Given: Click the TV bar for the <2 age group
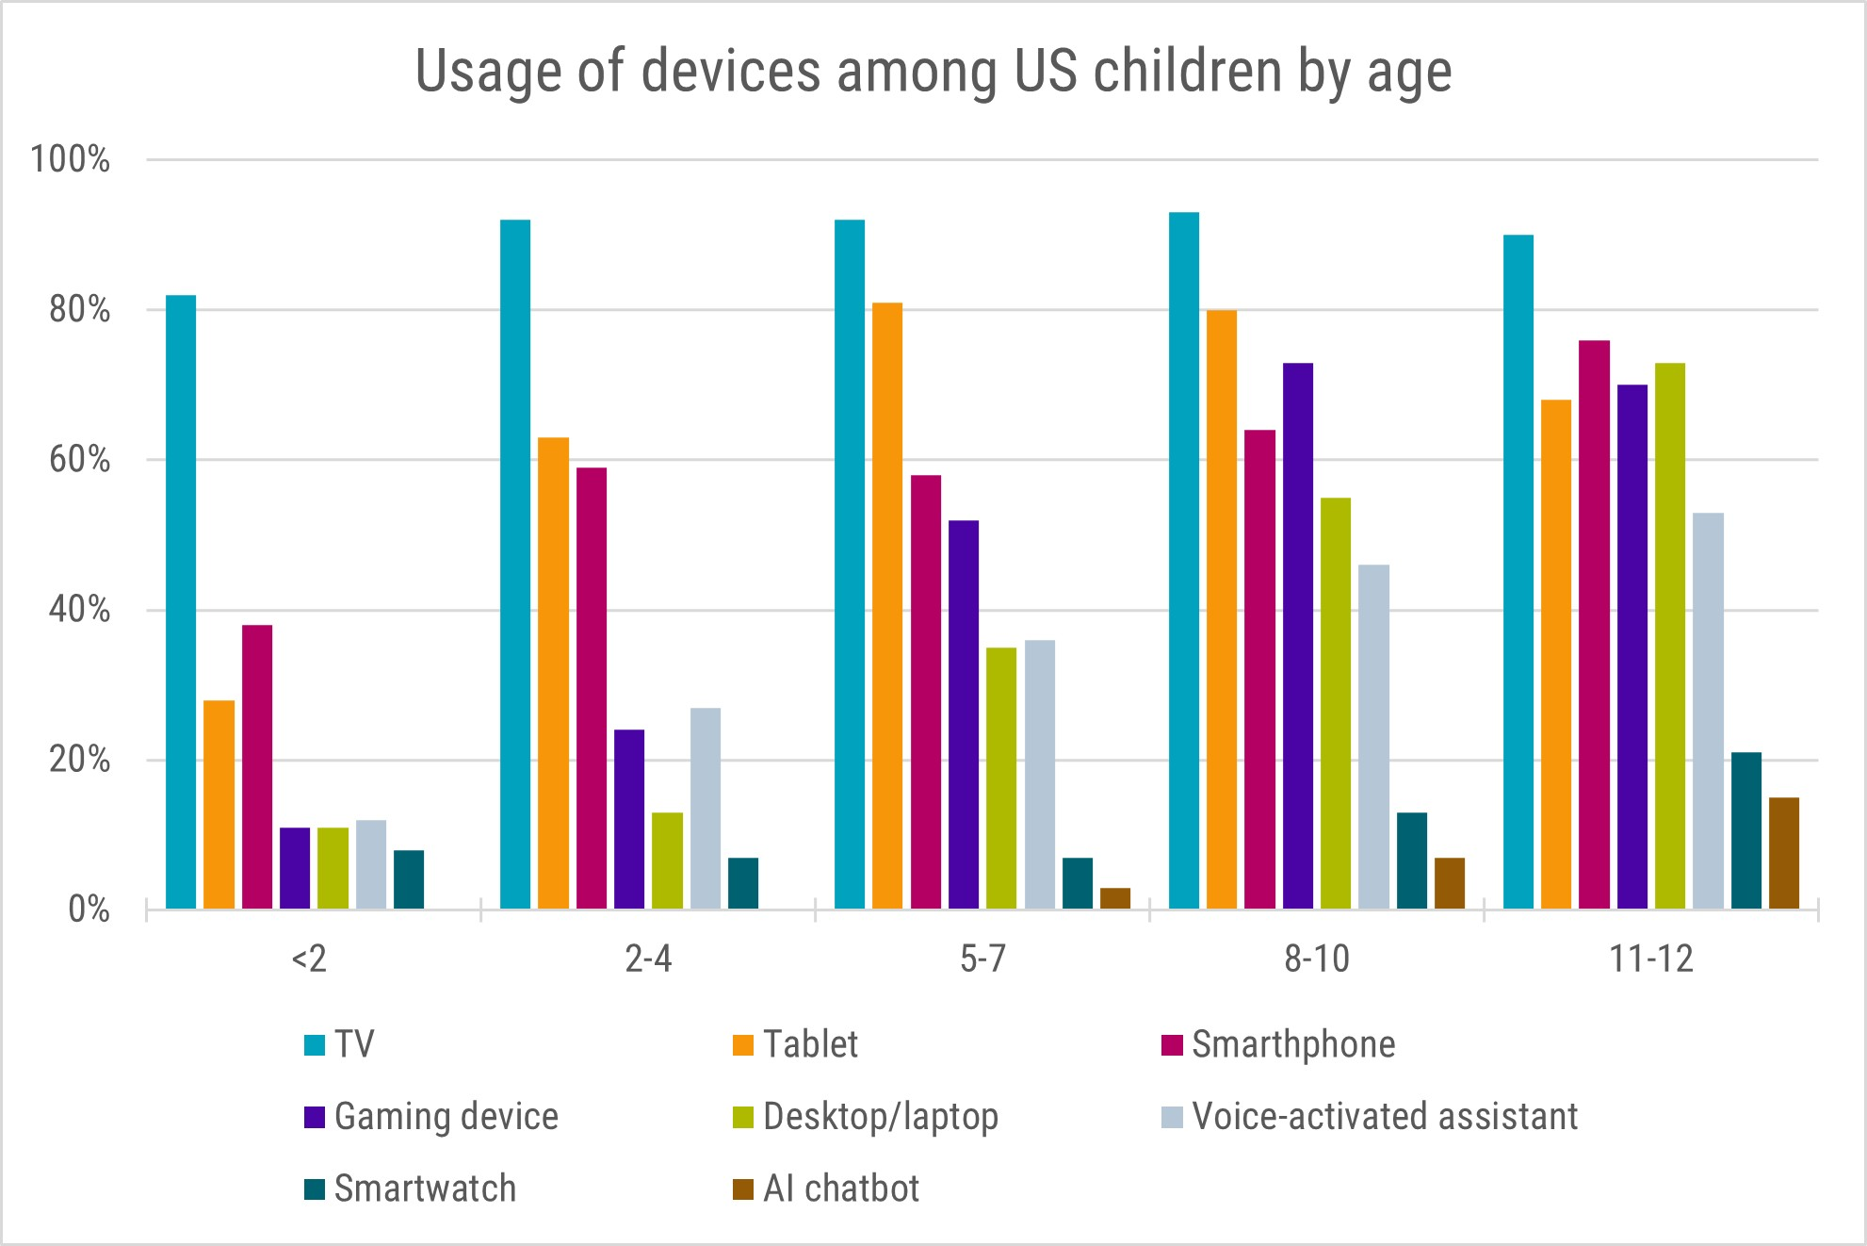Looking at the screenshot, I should coord(181,602).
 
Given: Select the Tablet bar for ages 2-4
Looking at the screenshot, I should coord(553,673).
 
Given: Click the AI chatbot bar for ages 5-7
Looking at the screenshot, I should coord(1115,898).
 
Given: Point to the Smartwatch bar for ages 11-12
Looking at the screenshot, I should coord(1745,830).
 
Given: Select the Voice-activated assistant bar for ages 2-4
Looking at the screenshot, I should coord(706,808).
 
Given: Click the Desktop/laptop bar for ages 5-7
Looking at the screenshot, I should coord(1001,778).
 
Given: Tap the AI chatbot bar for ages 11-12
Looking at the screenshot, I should coord(1784,853).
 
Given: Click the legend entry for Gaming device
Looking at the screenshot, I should coord(446,1117).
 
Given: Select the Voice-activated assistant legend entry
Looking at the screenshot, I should coord(1384,1117).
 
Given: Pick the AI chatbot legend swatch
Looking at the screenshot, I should coord(743,1189).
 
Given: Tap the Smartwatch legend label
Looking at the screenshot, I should coord(425,1189).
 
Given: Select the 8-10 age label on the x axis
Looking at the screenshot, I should coord(1317,959).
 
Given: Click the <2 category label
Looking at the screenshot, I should coord(309,959).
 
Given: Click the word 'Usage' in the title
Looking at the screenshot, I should coord(489,72).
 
